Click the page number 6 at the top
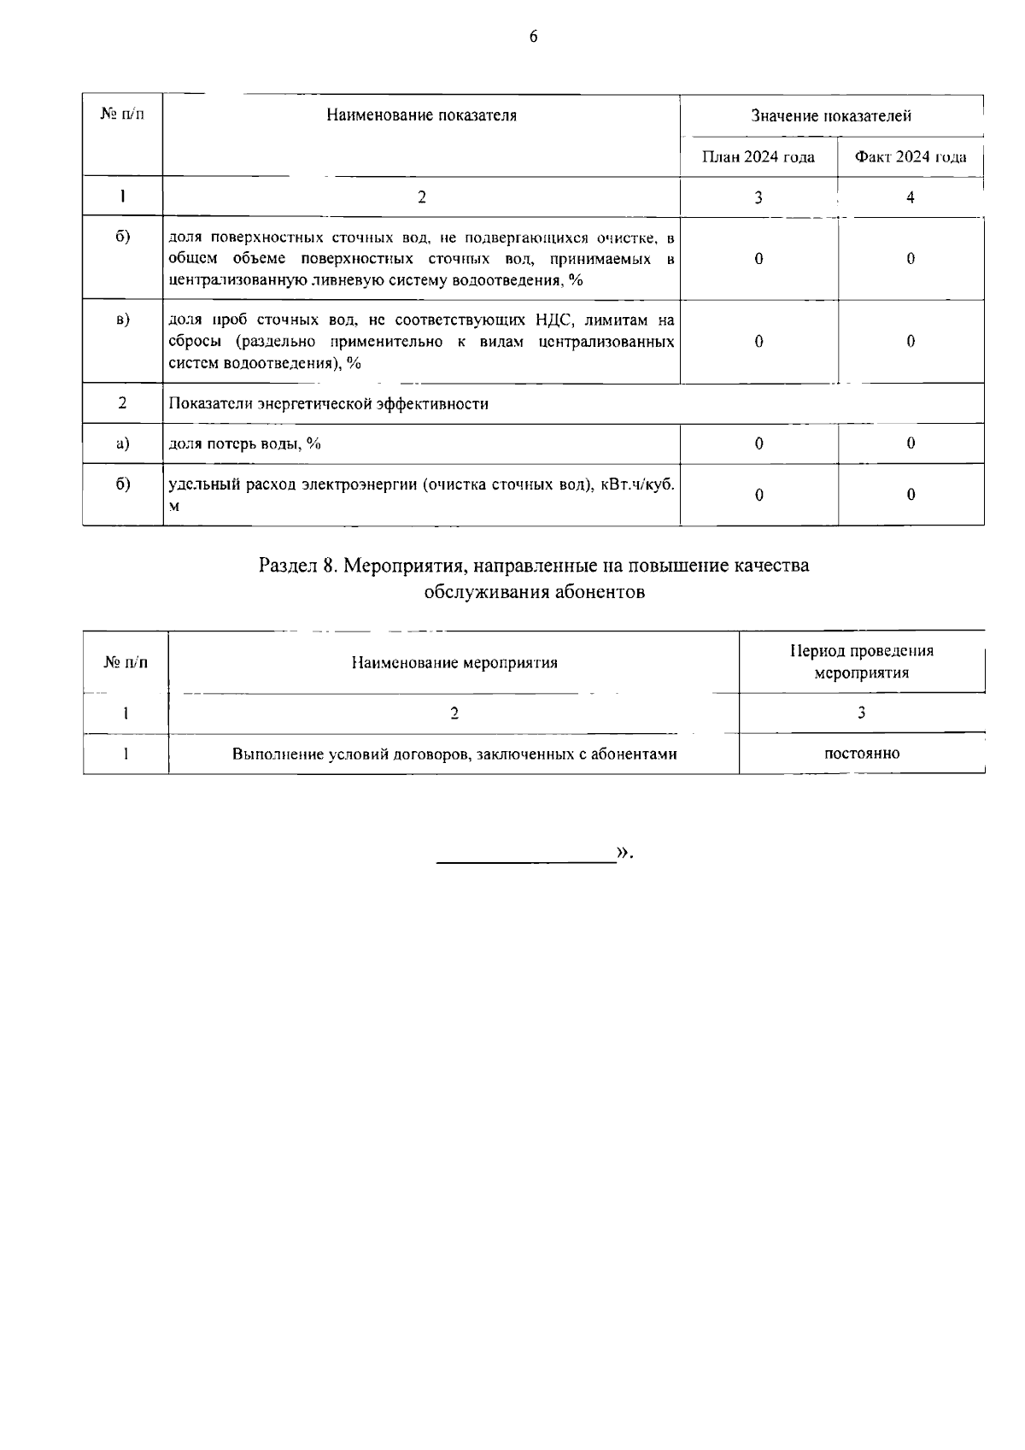pos(533,36)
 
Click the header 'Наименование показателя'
pos(421,115)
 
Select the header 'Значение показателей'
pos(831,115)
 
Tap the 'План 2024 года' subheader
pos(758,157)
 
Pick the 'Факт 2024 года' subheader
pos(911,157)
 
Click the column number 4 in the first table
pos(911,197)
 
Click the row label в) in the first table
pos(122,320)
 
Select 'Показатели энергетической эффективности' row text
pos(329,404)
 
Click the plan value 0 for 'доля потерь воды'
pos(758,443)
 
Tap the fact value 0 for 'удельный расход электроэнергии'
pos(911,495)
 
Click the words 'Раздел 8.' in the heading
pos(298,566)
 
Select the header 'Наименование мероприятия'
pos(454,663)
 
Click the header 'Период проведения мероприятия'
pos(861,661)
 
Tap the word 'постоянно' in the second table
pos(861,754)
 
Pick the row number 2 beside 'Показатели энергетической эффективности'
pos(122,403)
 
